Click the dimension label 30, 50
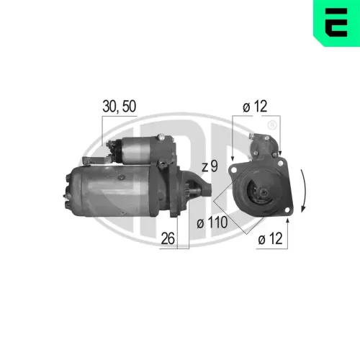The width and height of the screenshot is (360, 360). coord(119,107)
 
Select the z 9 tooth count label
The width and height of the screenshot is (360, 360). coord(210,166)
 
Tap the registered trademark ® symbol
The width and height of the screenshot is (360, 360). coord(271,125)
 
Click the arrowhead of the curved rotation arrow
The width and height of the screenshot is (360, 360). coord(304,207)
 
